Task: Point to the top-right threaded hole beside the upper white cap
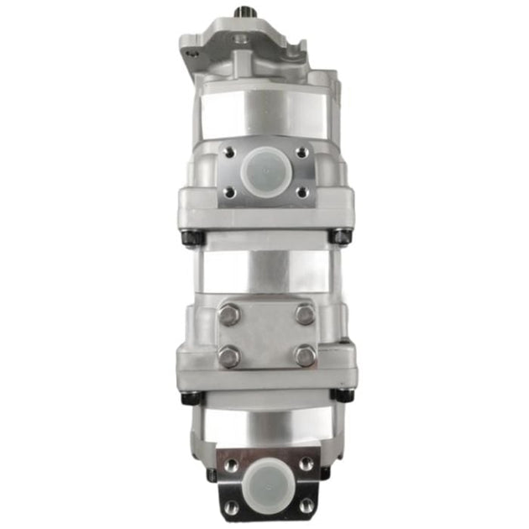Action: (x=301, y=153)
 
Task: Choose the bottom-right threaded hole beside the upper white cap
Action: (x=301, y=192)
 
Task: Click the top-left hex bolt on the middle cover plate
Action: (x=229, y=315)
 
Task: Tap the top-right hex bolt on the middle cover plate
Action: (x=305, y=315)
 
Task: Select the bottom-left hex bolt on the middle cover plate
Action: (x=229, y=355)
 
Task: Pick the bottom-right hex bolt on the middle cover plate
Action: (x=305, y=355)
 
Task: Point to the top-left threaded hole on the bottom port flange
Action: (x=228, y=464)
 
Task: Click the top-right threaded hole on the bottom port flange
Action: (x=303, y=464)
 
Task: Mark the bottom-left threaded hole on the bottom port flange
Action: (x=228, y=504)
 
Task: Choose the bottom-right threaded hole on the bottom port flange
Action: (x=303, y=504)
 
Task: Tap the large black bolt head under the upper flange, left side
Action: (x=191, y=238)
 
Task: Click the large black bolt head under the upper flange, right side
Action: (x=339, y=238)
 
